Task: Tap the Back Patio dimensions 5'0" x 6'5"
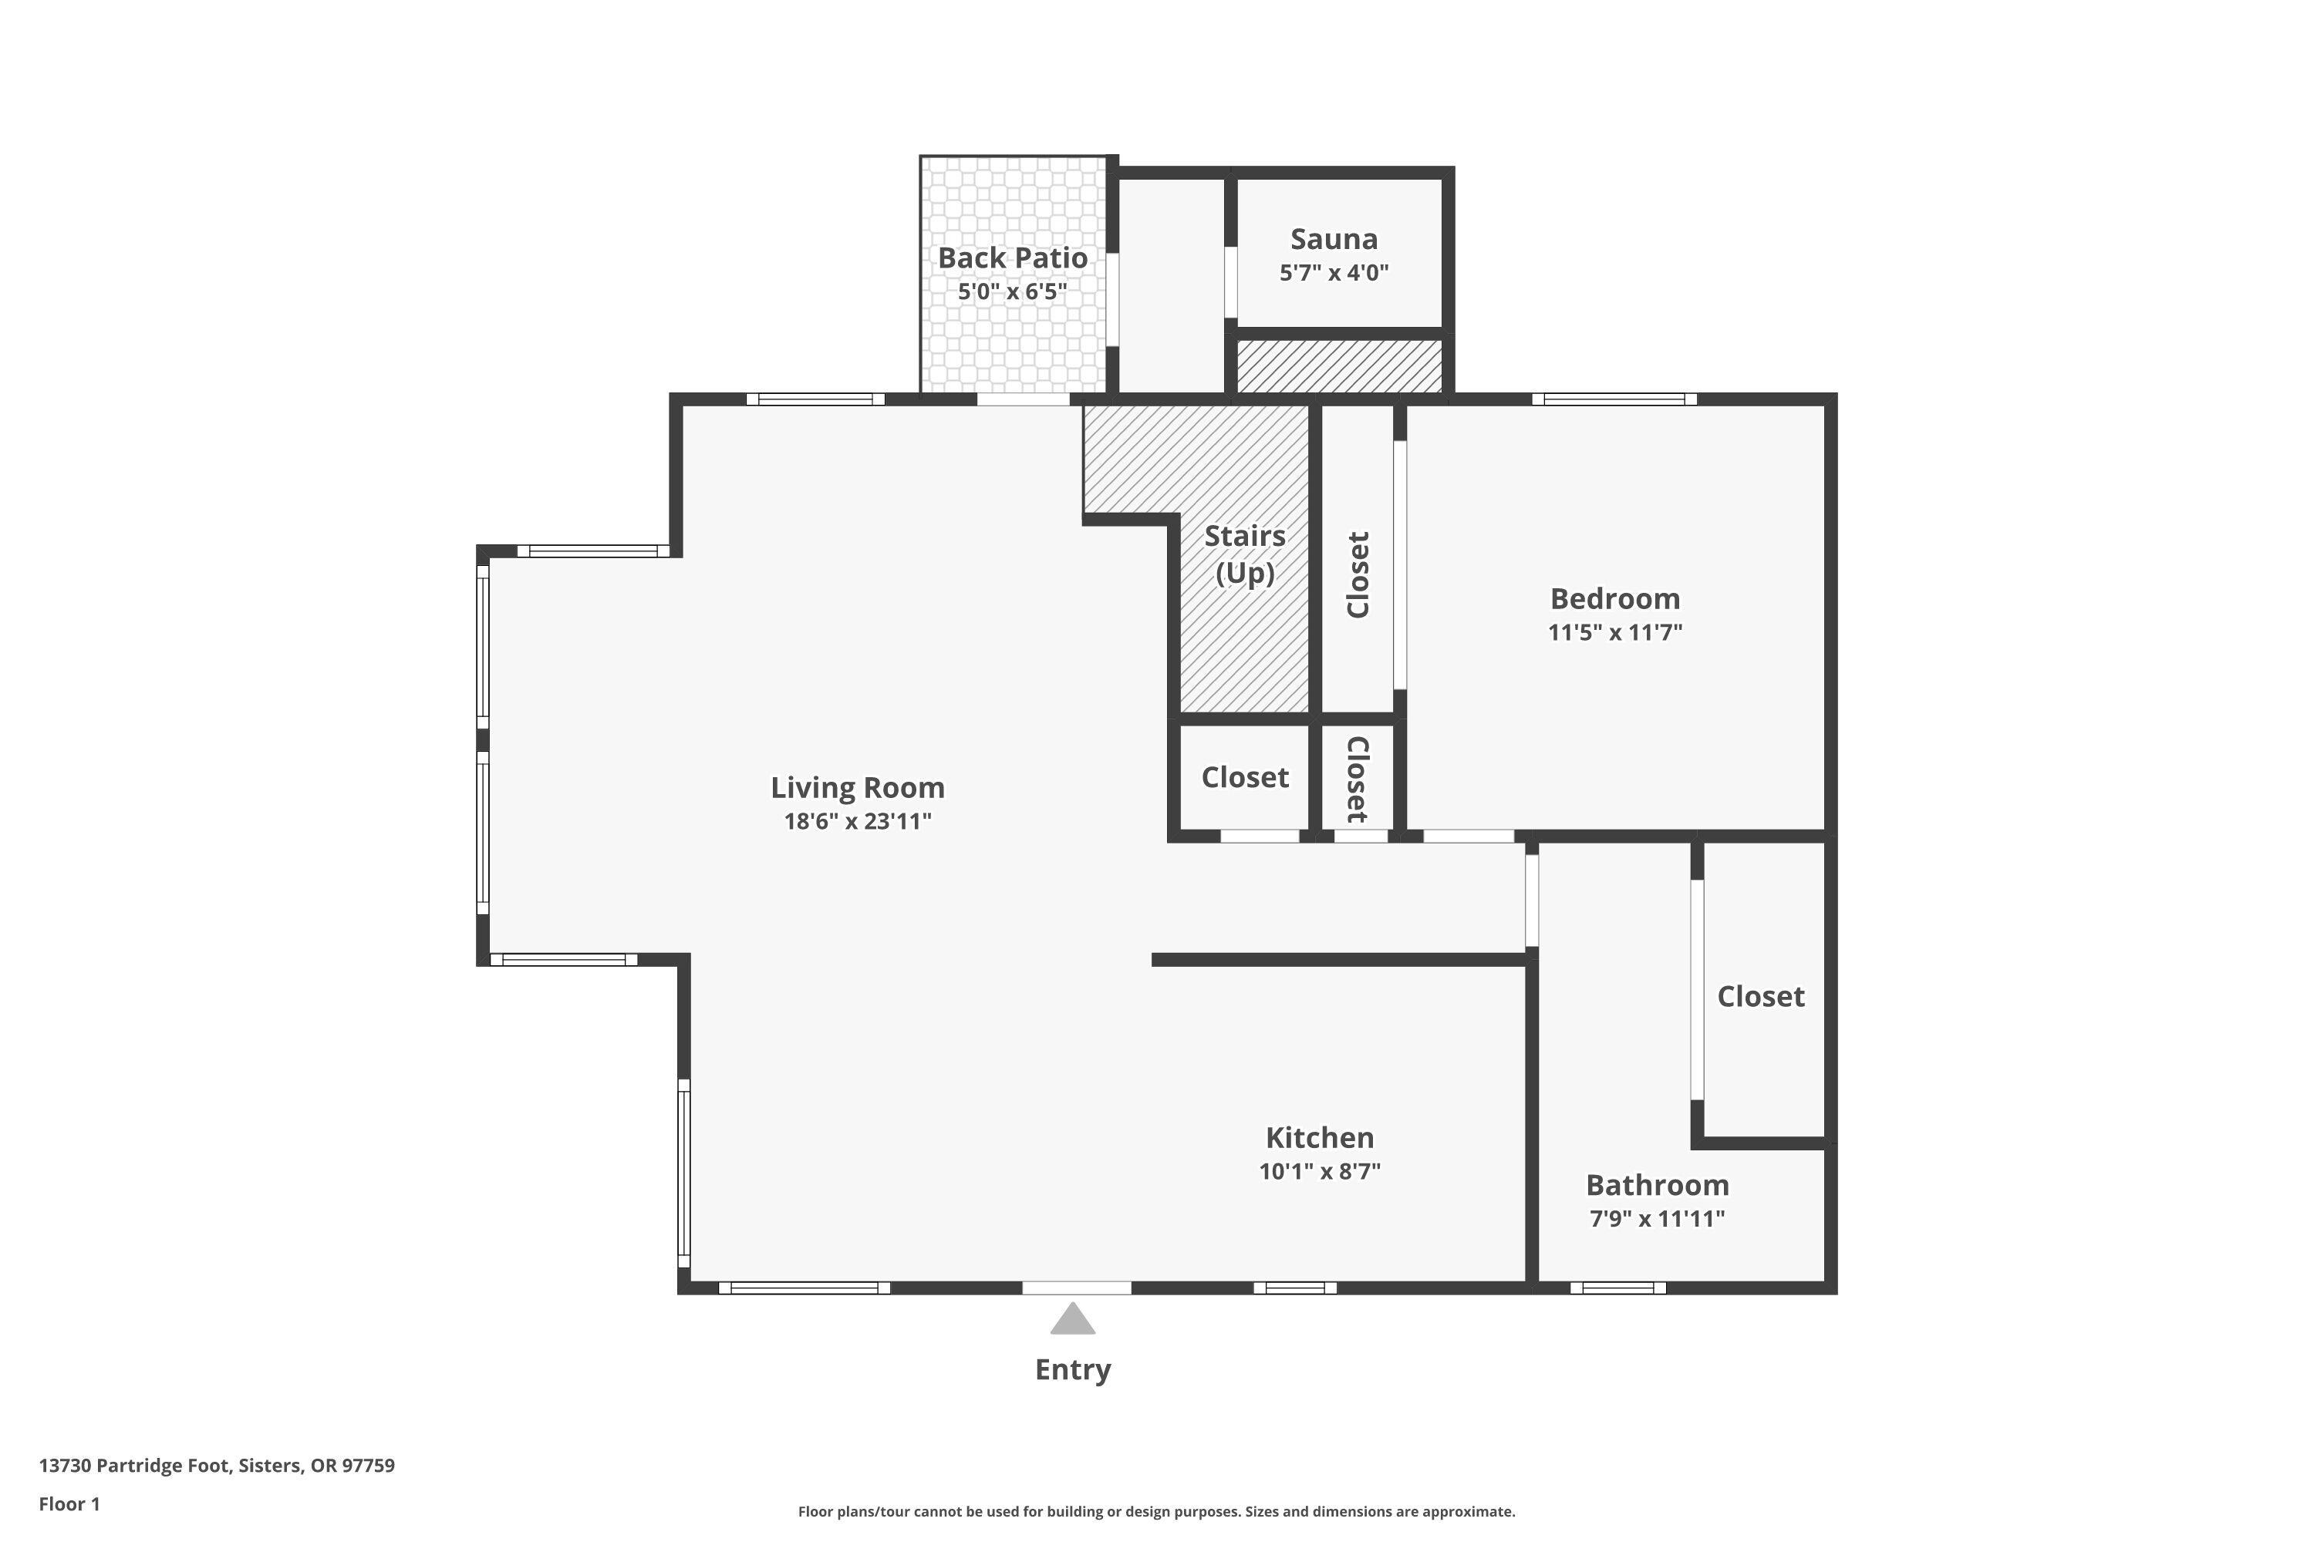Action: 1012,292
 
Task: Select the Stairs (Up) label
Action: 1245,554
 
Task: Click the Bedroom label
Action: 1614,598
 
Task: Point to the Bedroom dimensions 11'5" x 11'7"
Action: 1614,632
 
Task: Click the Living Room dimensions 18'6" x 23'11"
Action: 857,821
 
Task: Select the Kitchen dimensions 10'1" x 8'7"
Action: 1319,1171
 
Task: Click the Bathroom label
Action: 1657,1184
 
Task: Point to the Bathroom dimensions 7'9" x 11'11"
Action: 1657,1218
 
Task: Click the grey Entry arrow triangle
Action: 1072,1321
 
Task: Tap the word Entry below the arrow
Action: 1072,1369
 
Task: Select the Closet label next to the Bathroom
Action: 1760,996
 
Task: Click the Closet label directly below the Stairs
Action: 1245,777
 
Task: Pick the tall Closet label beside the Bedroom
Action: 1358,574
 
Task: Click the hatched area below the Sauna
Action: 1339,365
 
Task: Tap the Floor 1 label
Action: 69,1503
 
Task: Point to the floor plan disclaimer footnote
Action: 1156,1511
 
